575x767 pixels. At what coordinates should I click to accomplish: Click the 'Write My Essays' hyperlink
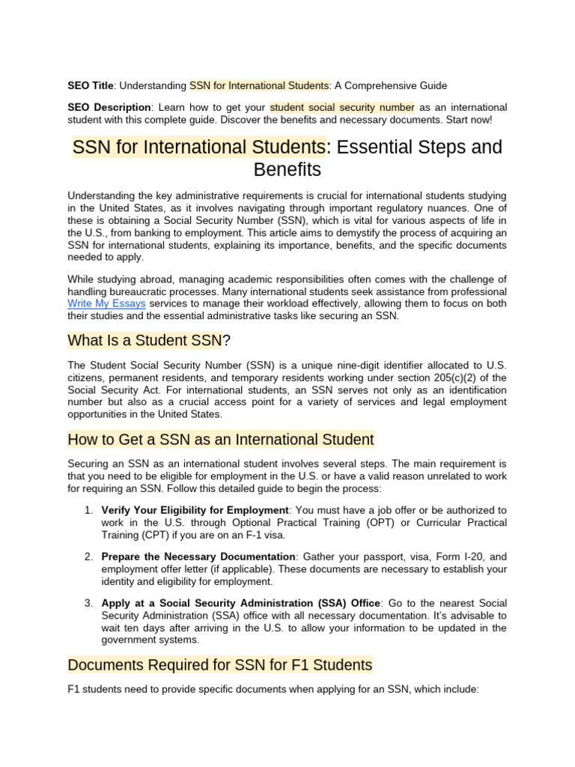point(106,304)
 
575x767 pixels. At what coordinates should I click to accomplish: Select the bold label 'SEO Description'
point(109,108)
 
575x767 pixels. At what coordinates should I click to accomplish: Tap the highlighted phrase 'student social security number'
point(342,108)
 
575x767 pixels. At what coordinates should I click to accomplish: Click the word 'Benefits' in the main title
point(287,169)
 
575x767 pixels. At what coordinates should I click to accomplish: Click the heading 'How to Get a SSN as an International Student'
point(220,438)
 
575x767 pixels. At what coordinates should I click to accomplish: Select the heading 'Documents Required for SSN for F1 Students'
point(219,664)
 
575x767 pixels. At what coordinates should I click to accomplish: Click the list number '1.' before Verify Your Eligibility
point(88,510)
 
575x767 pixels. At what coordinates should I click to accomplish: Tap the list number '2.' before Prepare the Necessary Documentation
point(88,557)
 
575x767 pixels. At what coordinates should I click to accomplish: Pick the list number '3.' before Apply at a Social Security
point(88,603)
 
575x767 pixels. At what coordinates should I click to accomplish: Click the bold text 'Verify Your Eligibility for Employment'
point(195,510)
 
